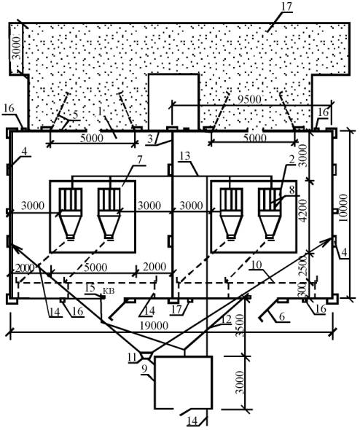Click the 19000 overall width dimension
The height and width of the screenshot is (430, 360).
click(154, 326)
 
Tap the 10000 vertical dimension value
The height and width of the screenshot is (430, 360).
click(343, 208)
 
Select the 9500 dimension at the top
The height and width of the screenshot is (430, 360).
click(249, 99)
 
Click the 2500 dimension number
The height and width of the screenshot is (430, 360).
click(303, 266)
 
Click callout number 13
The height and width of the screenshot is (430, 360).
click(185, 156)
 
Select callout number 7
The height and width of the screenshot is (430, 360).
click(140, 160)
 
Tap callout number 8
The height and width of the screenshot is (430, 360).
click(291, 189)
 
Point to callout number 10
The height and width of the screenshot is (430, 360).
click(257, 265)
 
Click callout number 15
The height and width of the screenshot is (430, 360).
click(90, 288)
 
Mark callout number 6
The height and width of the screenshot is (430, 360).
click(282, 316)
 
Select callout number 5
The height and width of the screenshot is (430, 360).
click(75, 114)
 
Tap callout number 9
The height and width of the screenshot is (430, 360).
click(145, 368)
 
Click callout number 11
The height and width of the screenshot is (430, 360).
click(132, 357)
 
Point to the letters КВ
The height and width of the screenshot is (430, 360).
click(109, 291)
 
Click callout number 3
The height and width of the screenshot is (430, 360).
click(149, 138)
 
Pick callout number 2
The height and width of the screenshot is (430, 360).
click(291, 160)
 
